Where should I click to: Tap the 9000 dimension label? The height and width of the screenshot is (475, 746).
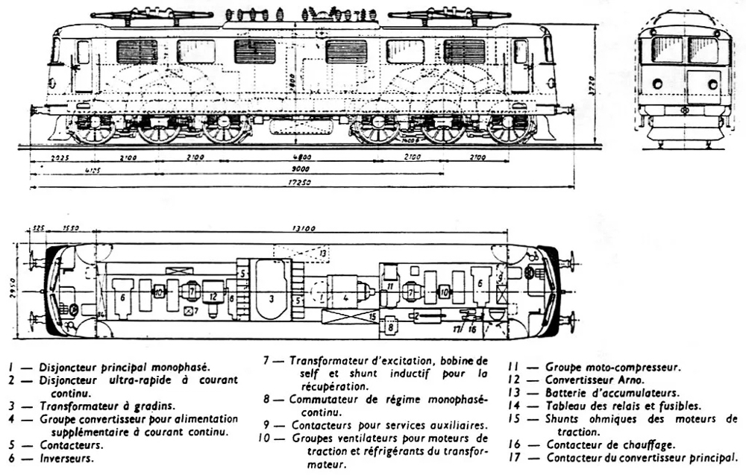301,170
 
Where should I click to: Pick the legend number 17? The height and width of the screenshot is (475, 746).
514,457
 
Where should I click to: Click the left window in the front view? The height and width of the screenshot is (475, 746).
665,50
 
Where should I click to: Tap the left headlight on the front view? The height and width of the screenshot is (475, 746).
657,84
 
